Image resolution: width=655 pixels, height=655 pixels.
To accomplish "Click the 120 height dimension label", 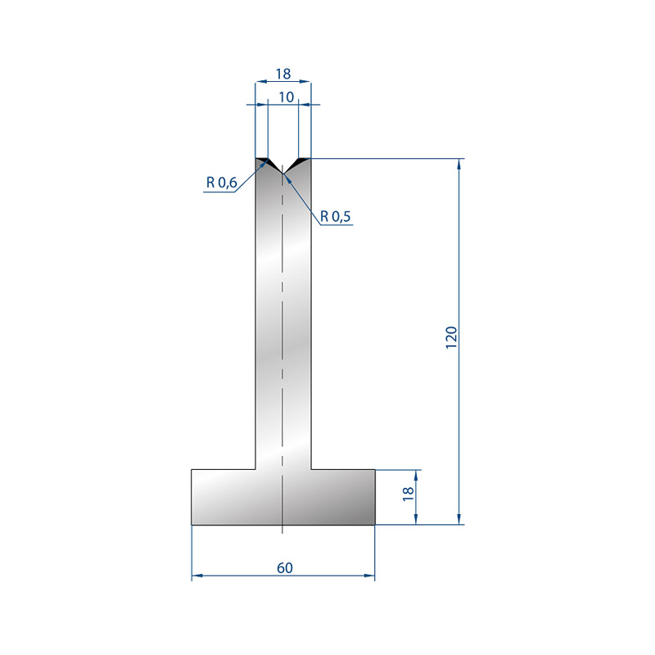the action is coord(452,337).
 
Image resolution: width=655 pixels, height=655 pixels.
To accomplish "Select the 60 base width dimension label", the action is coord(284,568).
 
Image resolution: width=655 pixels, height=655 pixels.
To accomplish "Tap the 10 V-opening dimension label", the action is coord(286,97).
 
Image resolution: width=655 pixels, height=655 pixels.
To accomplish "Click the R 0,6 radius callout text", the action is coord(221,183).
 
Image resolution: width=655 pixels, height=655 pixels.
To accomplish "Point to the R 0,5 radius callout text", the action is coord(335,216).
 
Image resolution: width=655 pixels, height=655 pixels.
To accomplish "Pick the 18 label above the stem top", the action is coord(282,74).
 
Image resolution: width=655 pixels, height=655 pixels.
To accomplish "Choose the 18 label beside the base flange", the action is coord(408,495).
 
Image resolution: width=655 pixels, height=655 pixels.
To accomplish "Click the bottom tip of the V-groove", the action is coord(282,174).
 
